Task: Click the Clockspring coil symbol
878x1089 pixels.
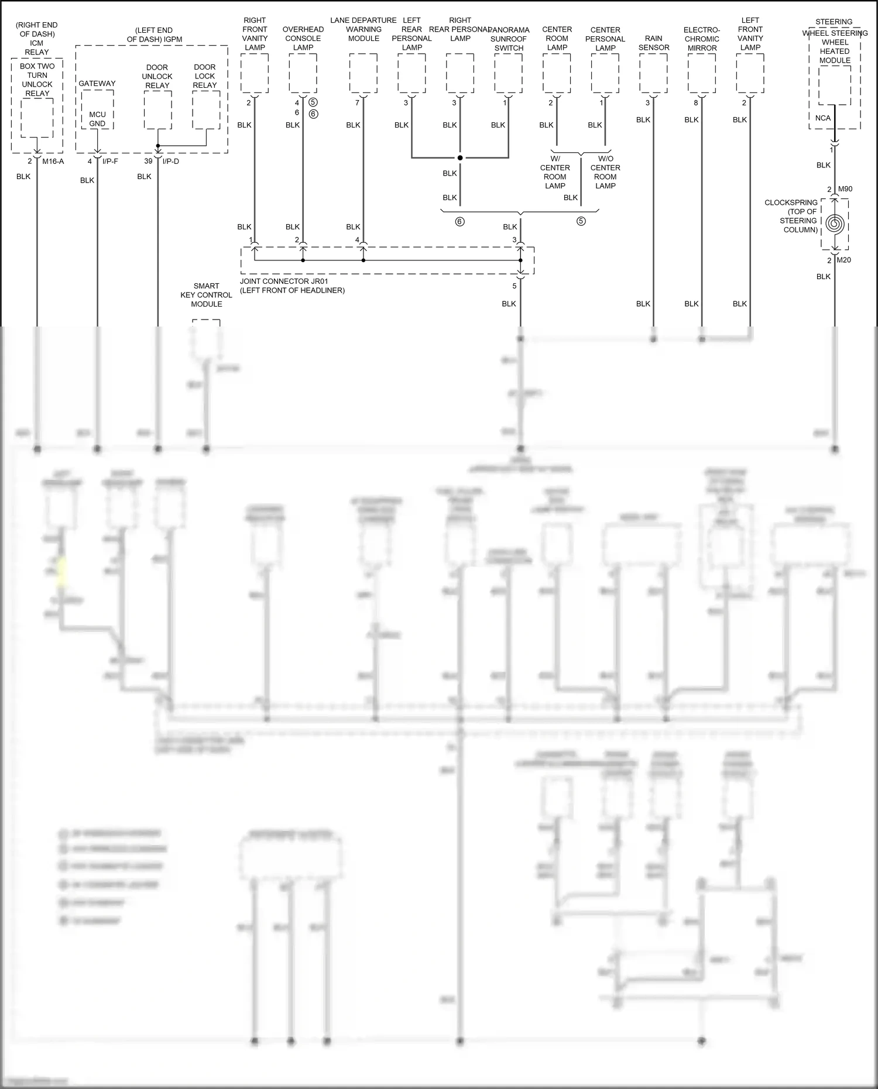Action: (835, 224)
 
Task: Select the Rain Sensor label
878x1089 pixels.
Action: (653, 43)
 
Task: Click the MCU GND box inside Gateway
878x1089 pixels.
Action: (97, 119)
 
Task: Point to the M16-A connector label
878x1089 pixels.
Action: (53, 161)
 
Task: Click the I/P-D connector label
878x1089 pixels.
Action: (171, 161)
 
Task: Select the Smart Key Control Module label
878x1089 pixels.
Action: (206, 295)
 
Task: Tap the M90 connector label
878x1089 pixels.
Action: (845, 189)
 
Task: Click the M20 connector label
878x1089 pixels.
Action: (843, 260)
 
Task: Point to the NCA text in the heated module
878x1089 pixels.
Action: (822, 118)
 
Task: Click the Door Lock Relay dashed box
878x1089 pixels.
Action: (206, 110)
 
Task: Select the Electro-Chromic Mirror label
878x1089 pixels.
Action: (701, 39)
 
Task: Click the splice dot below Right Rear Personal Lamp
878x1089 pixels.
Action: (460, 158)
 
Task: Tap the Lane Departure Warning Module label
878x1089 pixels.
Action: (363, 29)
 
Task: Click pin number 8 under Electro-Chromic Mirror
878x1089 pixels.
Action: (696, 102)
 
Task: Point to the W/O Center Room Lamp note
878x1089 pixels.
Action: (605, 172)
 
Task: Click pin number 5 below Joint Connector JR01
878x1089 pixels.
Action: (515, 286)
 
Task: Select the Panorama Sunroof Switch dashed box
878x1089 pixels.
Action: (508, 73)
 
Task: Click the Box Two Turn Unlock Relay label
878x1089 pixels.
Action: (37, 80)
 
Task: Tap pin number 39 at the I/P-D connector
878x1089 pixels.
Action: (148, 161)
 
